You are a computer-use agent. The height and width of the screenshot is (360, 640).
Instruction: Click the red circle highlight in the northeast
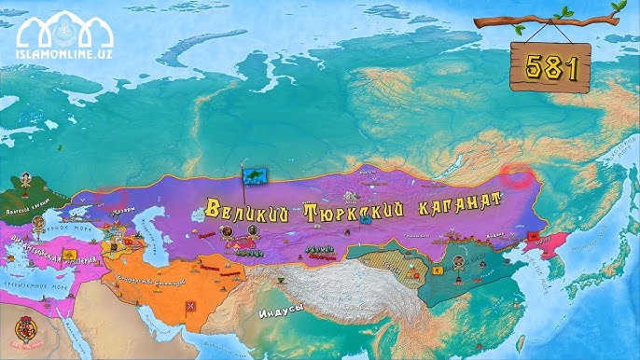(x=514, y=175)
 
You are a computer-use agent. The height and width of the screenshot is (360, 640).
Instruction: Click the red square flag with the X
(x=192, y=306)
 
